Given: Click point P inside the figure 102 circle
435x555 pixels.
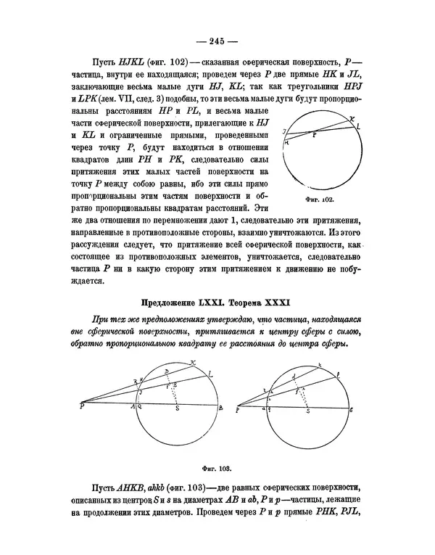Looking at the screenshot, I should click(x=313, y=135).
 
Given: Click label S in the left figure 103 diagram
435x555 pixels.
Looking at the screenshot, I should click(x=169, y=411).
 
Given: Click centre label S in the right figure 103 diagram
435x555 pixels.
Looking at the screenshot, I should click(x=307, y=411).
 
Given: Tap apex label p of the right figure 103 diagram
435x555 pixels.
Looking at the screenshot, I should click(x=238, y=410).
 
